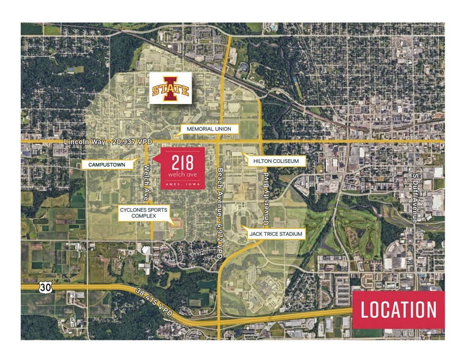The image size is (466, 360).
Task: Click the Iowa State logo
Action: point(170,89)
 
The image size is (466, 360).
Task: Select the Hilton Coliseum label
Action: point(275,160)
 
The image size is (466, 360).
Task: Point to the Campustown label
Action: point(107,165)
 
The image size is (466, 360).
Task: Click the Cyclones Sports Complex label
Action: point(143,213)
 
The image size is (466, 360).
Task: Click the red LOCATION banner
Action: point(399,310)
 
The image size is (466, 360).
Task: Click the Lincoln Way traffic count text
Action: point(108,143)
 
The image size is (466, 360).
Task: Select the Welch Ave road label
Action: point(146,182)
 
